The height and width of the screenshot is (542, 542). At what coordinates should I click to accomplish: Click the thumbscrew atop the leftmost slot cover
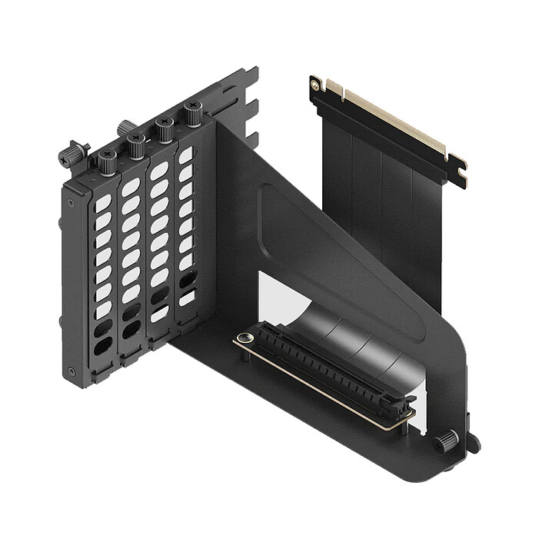pyautogui.click(x=108, y=160)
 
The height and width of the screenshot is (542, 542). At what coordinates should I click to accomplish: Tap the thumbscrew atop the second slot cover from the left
pyautogui.click(x=136, y=144)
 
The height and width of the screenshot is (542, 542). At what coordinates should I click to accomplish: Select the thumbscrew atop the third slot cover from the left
pyautogui.click(x=164, y=128)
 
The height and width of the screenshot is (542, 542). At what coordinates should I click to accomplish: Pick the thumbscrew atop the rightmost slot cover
pyautogui.click(x=192, y=114)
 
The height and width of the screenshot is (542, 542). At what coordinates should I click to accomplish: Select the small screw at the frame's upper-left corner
pyautogui.click(x=71, y=204)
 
